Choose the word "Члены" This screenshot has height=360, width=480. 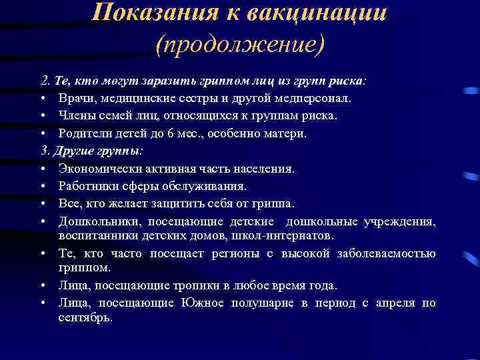click(77, 116)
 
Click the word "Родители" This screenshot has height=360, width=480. click(83, 133)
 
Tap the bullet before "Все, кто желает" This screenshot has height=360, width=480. click(42, 203)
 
